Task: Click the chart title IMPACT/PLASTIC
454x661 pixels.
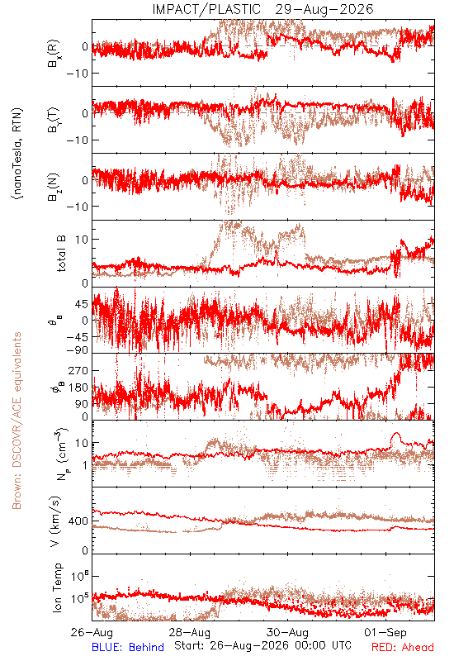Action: click(206, 9)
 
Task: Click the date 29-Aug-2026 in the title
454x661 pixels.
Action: click(324, 9)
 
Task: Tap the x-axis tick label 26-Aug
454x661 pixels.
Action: click(92, 632)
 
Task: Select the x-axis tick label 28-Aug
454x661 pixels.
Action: click(190, 632)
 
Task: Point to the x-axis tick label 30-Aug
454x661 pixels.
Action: click(287, 632)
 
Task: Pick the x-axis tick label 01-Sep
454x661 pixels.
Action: click(385, 632)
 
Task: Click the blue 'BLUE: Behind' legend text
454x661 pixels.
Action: click(128, 647)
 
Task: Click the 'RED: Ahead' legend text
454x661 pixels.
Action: click(403, 647)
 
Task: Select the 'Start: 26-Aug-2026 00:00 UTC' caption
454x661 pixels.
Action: click(262, 645)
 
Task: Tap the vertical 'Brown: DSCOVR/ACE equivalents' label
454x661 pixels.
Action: click(17, 421)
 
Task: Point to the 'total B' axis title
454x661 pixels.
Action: click(60, 253)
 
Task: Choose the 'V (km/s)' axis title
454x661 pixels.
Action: click(56, 521)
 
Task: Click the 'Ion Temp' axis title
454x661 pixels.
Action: click(57, 587)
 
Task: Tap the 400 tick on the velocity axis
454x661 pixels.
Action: click(78, 521)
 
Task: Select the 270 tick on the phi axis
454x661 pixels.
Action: click(78, 371)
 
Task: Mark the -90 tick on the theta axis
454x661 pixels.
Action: click(78, 350)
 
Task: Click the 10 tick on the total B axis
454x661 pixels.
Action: click(82, 240)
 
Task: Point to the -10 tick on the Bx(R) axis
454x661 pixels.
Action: click(78, 73)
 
